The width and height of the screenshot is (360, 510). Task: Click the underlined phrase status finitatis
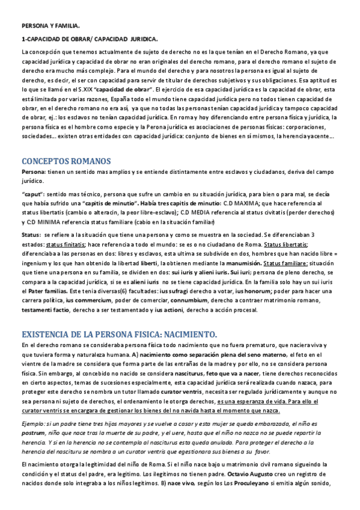(x=65, y=244)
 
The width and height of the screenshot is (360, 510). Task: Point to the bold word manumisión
(x=222, y=263)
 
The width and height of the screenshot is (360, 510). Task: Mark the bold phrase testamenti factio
(x=46, y=310)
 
